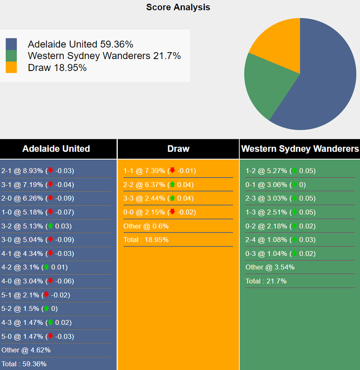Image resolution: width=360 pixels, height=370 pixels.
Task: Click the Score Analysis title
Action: point(178,7)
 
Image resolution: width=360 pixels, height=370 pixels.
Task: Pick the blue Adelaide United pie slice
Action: point(323,78)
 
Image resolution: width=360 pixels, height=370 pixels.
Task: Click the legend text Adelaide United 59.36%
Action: point(80,44)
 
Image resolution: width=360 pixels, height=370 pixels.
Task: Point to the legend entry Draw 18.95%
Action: point(57,68)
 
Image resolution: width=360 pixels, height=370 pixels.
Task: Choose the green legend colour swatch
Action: point(11,56)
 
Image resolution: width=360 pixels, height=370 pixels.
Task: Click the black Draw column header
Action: point(178,149)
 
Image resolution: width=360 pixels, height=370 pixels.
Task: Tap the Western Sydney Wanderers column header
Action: point(300,149)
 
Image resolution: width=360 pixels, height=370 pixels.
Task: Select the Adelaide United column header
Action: point(56,149)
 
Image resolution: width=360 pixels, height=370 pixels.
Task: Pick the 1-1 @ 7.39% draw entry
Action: point(160,171)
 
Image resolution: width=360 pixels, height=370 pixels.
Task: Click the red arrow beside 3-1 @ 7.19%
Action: point(50,185)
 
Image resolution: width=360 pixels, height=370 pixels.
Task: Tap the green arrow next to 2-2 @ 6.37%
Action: point(172,185)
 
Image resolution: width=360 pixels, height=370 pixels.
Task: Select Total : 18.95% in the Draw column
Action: point(146,239)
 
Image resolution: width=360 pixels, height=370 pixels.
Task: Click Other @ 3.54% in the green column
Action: point(270,267)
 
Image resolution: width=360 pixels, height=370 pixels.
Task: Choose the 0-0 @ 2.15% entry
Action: point(160,212)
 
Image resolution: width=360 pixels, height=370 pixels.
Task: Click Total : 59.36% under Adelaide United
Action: point(24,364)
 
